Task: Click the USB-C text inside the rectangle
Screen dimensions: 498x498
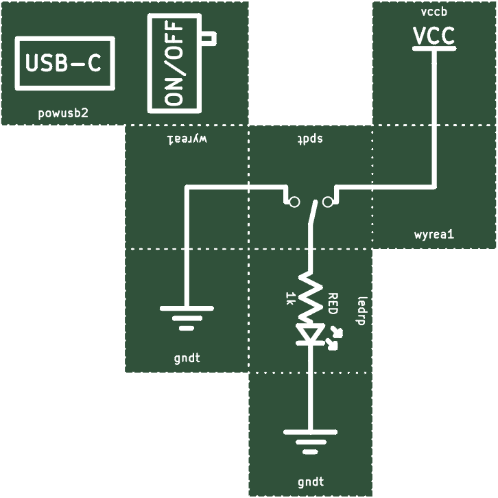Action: (63, 63)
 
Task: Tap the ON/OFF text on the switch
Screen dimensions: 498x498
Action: (174, 63)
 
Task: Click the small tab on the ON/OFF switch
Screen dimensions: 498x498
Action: (209, 38)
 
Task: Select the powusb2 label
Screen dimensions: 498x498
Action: (63, 113)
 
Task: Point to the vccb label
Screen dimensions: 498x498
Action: (434, 12)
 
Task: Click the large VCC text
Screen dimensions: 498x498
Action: (434, 36)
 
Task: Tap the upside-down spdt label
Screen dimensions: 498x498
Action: (310, 139)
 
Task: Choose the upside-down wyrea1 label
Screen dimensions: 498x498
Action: (187, 139)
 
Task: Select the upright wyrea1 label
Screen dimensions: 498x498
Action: (434, 235)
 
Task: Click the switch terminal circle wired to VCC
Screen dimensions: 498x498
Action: (328, 202)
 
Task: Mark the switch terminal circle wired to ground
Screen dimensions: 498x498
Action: (294, 202)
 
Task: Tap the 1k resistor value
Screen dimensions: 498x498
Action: (290, 298)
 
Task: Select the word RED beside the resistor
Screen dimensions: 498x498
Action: (332, 304)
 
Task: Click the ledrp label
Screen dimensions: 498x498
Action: (362, 311)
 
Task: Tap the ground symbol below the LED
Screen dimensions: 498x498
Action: (310, 442)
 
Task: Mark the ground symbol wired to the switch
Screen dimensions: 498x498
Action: (187, 318)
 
